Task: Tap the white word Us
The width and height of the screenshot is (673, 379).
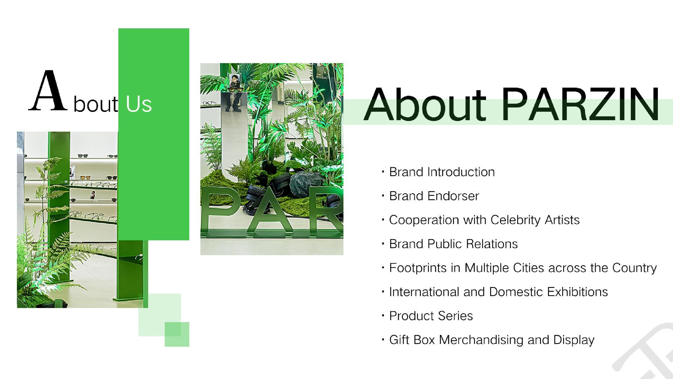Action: (x=139, y=104)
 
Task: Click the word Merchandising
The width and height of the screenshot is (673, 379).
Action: (x=481, y=340)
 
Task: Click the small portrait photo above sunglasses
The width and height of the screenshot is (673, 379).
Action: (x=234, y=81)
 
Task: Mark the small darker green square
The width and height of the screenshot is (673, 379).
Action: (x=177, y=334)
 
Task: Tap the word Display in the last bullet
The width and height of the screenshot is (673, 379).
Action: (x=574, y=340)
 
